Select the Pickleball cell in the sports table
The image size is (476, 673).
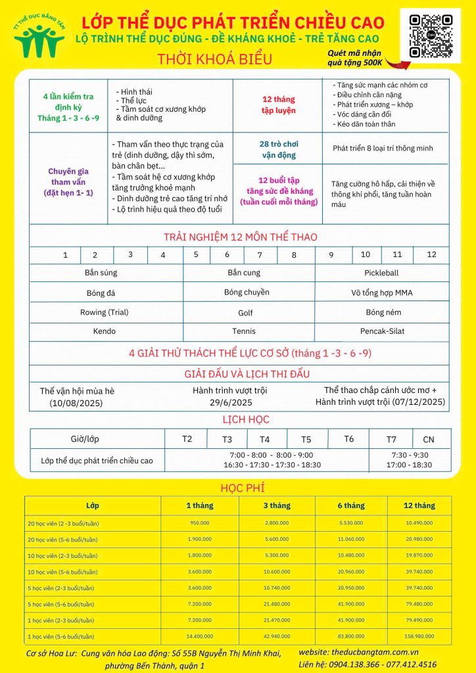381,273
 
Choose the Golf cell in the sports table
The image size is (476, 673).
245,313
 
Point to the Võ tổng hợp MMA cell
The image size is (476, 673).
381,292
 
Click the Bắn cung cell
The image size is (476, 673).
244,273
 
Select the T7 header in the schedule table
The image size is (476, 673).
391,439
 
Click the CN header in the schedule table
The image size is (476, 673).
428,439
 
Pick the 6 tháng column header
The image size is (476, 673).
351,505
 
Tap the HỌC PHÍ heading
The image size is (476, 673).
238,488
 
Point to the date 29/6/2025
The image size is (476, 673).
231,402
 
